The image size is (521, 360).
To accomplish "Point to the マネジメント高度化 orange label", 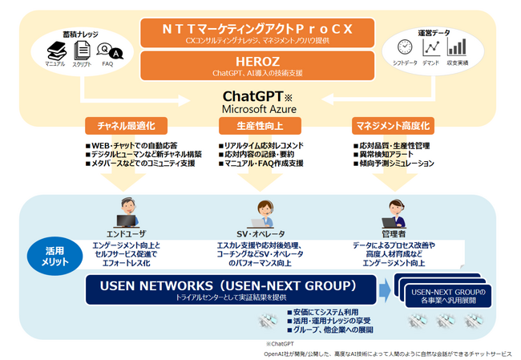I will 394,126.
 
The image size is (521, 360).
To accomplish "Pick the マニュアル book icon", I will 56,51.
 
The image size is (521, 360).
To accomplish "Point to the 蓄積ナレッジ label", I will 82,34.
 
